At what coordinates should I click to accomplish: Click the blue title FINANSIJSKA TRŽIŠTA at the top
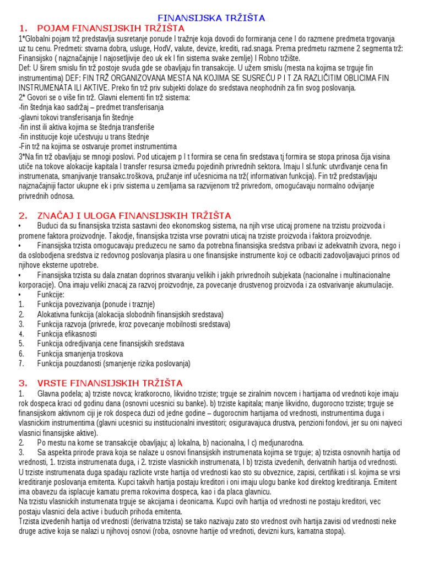click(211, 18)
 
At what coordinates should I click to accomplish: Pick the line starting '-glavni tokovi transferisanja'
click(76, 117)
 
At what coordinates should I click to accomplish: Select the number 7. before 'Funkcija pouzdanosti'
click(21, 364)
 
